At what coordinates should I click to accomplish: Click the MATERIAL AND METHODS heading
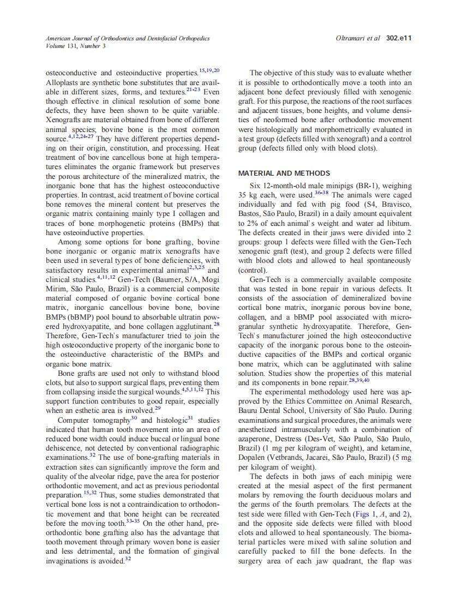tap(284, 173)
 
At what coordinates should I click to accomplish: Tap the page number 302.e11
tap(398, 39)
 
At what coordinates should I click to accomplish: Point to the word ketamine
tap(395, 448)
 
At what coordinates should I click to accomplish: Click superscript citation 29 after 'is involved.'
tap(157, 408)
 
